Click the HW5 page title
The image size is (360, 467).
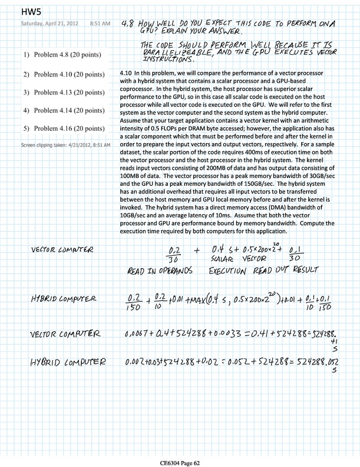point(30,11)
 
